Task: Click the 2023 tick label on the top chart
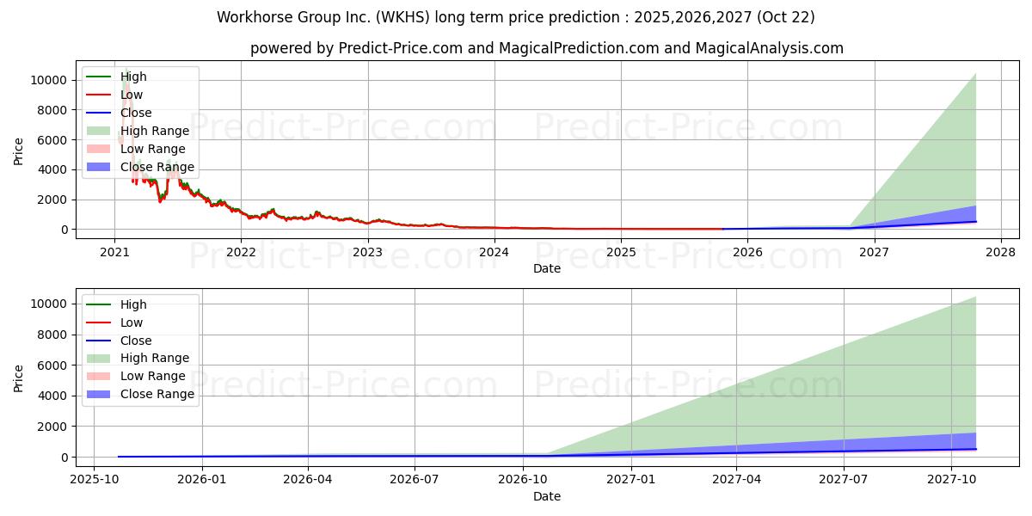pos(368,252)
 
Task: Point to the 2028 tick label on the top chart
pos(1001,252)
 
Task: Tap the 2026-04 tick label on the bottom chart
pos(308,479)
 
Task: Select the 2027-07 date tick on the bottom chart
pos(844,479)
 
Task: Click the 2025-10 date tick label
pos(95,479)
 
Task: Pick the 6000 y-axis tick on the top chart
pos(52,140)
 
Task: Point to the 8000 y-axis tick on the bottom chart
pos(52,335)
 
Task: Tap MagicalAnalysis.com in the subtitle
pos(770,48)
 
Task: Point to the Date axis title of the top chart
pos(547,268)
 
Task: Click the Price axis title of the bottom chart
pos(18,378)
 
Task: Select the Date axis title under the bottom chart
pos(547,497)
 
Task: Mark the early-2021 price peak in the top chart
pos(126,70)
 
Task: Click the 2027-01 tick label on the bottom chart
pos(630,479)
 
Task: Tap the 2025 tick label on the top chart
pos(621,252)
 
